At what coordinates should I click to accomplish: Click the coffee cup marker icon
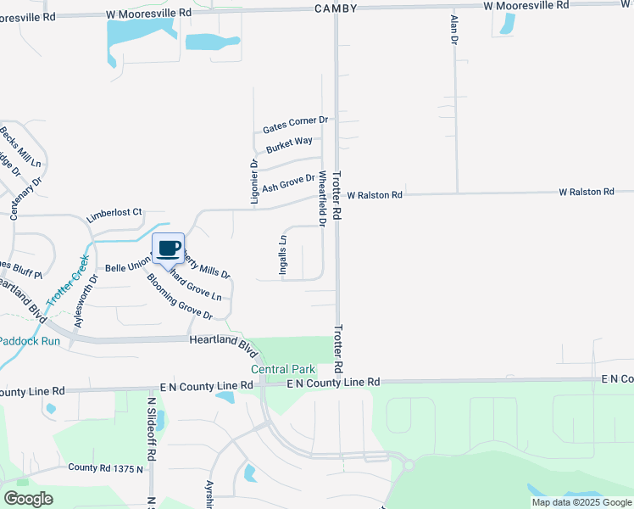coord(168,248)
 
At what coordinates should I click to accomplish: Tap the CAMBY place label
coord(336,8)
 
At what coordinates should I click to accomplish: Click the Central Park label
coord(283,369)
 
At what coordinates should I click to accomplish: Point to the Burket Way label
coord(290,145)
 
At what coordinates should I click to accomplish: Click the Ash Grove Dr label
coord(288,182)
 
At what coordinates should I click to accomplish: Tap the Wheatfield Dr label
coord(322,199)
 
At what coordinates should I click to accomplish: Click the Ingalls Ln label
coord(284,255)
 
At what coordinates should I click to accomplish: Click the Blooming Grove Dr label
coord(179,296)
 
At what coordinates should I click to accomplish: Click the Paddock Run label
coord(30,341)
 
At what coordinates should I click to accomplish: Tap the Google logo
coord(29,499)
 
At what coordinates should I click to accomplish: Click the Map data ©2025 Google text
coord(581,502)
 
